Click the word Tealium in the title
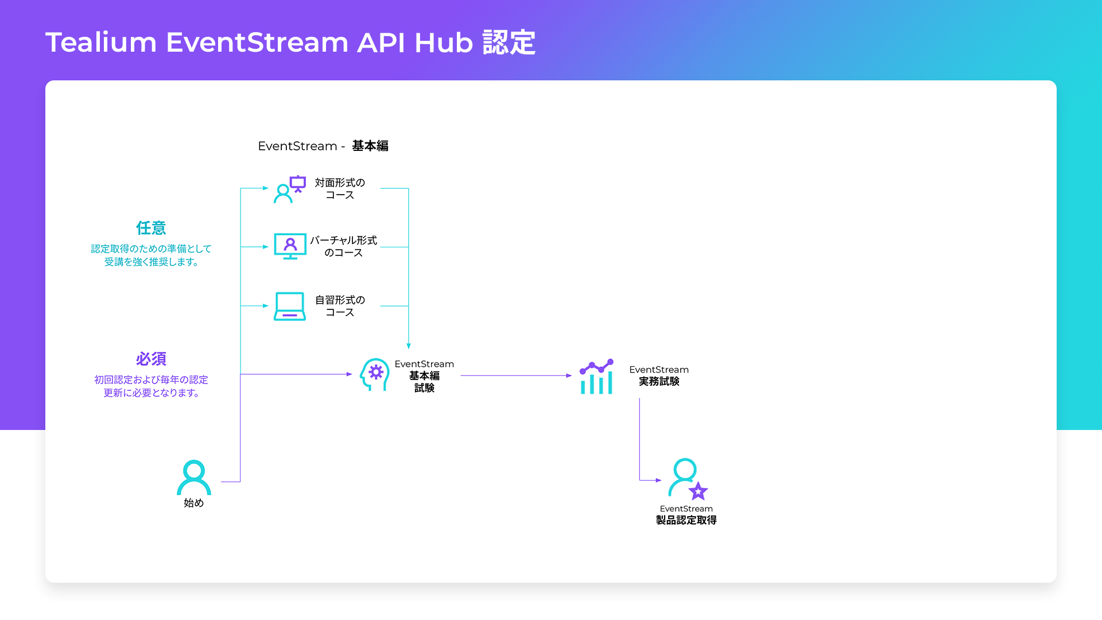(x=101, y=42)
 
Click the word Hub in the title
(x=443, y=42)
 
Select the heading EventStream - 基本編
(x=323, y=146)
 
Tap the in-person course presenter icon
(x=290, y=189)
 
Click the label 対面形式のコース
(x=340, y=189)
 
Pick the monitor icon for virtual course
(x=290, y=246)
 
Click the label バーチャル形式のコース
(x=343, y=246)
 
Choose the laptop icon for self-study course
(x=290, y=306)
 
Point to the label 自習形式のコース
(x=340, y=306)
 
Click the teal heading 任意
(x=151, y=228)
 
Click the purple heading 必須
(x=151, y=359)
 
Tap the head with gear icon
(x=374, y=374)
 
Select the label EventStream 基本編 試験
(x=424, y=376)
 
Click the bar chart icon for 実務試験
(x=596, y=377)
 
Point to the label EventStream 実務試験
(x=659, y=375)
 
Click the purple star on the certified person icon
(x=698, y=491)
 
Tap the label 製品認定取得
(x=686, y=520)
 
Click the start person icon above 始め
(x=194, y=477)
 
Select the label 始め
(x=194, y=503)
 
